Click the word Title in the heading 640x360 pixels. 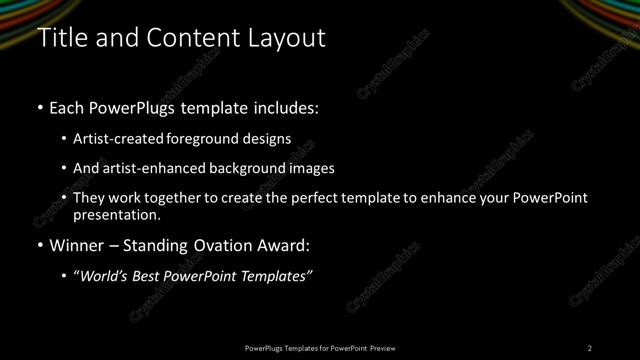(61, 38)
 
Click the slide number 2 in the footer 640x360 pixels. (590, 348)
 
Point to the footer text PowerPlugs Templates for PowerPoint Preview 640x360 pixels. (320, 348)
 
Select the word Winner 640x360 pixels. (77, 246)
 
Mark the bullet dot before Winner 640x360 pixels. (40, 246)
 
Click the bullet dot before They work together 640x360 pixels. (64, 198)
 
